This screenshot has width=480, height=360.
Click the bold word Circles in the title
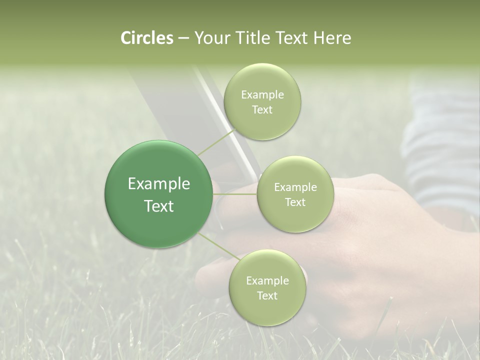(146, 38)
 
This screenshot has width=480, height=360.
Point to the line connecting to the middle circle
(235, 194)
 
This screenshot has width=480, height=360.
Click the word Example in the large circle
(159, 184)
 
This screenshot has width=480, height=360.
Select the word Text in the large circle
(159, 206)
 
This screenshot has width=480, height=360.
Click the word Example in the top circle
(262, 95)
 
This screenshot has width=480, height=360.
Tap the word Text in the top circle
(262, 110)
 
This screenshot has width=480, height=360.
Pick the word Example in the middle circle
(295, 187)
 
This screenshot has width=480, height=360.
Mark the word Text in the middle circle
(295, 202)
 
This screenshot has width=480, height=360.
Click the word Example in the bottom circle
(267, 281)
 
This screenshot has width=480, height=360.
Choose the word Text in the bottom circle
(267, 296)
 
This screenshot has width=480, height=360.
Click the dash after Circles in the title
(183, 38)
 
